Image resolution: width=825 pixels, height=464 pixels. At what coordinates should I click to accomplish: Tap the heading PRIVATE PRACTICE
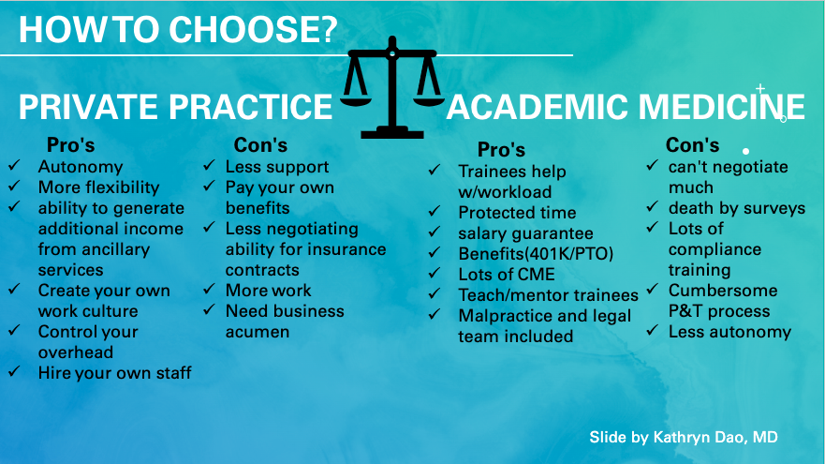[x=175, y=107]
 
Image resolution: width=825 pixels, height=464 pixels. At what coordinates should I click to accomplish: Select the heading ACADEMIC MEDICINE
[x=626, y=107]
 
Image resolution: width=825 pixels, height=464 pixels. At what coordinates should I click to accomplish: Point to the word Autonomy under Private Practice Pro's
[x=81, y=167]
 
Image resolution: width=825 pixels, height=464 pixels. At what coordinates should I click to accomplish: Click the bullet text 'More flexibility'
[x=98, y=187]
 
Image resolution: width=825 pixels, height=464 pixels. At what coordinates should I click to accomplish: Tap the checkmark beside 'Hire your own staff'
[x=15, y=373]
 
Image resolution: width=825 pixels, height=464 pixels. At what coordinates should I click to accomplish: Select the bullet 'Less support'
[x=277, y=167]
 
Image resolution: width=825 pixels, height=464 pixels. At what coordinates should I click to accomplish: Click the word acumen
[x=258, y=332]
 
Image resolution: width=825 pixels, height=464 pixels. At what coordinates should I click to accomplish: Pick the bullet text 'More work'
[x=268, y=291]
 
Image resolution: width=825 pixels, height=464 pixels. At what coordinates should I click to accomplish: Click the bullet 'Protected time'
[x=517, y=213]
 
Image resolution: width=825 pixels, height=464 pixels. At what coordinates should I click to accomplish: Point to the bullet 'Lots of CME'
[x=507, y=275]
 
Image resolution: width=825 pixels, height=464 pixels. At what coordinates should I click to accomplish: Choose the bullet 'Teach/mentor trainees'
[x=548, y=295]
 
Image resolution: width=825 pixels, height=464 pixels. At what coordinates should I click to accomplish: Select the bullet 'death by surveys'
[x=737, y=208]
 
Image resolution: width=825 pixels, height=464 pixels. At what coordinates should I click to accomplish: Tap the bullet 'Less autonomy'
[x=729, y=332]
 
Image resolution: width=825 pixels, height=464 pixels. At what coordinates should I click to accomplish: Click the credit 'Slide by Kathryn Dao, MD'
[x=683, y=438]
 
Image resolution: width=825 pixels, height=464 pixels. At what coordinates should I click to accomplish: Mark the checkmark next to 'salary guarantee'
[x=435, y=233]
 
